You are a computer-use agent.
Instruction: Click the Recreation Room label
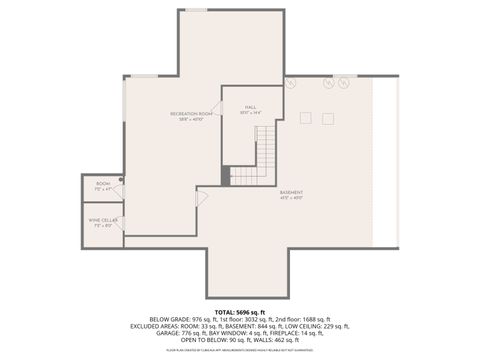(x=191, y=115)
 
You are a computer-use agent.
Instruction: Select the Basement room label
(x=291, y=193)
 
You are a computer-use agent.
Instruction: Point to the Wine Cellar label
(x=103, y=221)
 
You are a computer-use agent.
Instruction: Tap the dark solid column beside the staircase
(x=226, y=176)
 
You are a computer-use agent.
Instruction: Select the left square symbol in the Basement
(x=305, y=118)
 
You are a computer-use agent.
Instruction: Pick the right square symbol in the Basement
(x=328, y=118)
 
